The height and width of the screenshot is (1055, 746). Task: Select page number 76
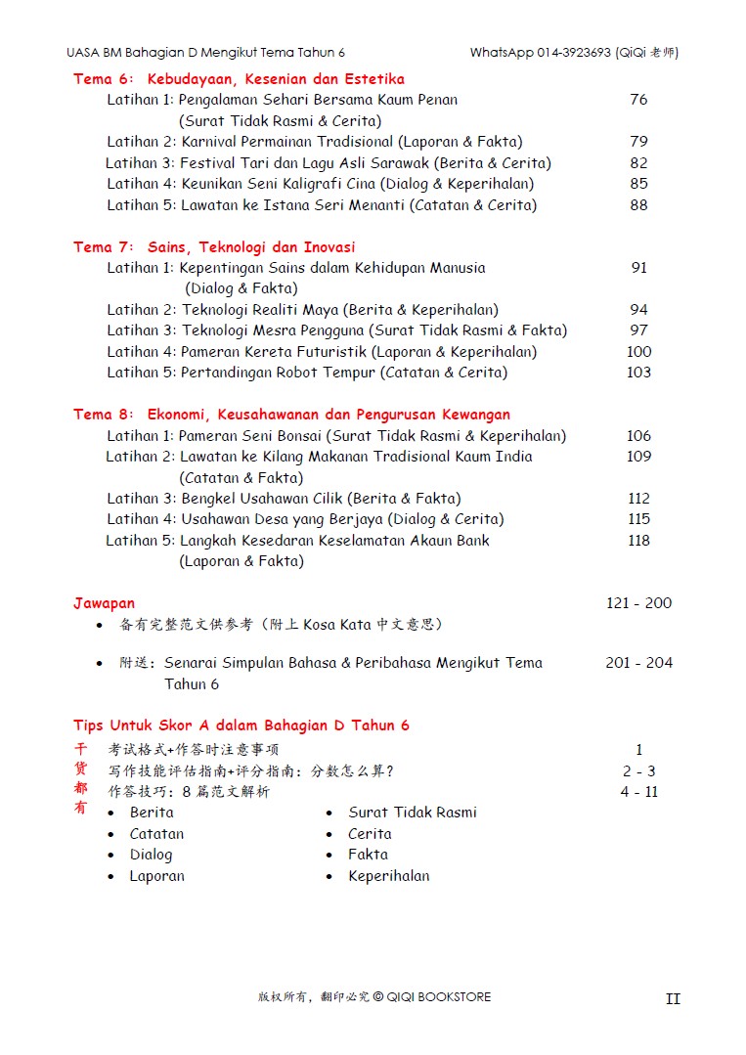(638, 100)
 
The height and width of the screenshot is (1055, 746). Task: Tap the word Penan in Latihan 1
(436, 100)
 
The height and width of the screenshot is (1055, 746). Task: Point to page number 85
(638, 184)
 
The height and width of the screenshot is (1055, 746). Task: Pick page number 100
(638, 352)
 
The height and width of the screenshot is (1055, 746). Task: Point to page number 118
(638, 541)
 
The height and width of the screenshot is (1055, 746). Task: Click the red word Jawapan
(104, 603)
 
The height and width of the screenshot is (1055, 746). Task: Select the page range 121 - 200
(638, 603)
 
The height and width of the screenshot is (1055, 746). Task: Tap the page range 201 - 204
(638, 663)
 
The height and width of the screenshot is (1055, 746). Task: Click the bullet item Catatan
(156, 834)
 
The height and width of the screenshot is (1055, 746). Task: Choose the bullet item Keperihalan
(388, 876)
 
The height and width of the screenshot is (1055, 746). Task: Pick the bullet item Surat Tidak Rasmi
(413, 813)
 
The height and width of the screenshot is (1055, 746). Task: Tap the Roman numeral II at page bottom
(673, 999)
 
